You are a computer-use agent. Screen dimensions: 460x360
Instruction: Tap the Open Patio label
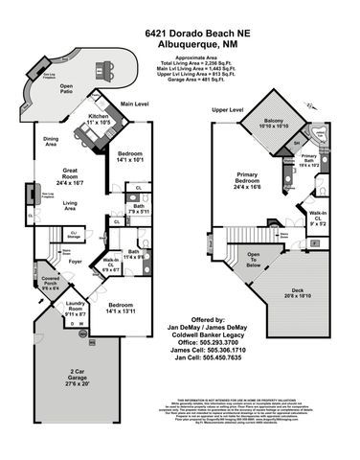(x=67, y=88)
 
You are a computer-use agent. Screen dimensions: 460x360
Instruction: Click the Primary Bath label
(x=308, y=158)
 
